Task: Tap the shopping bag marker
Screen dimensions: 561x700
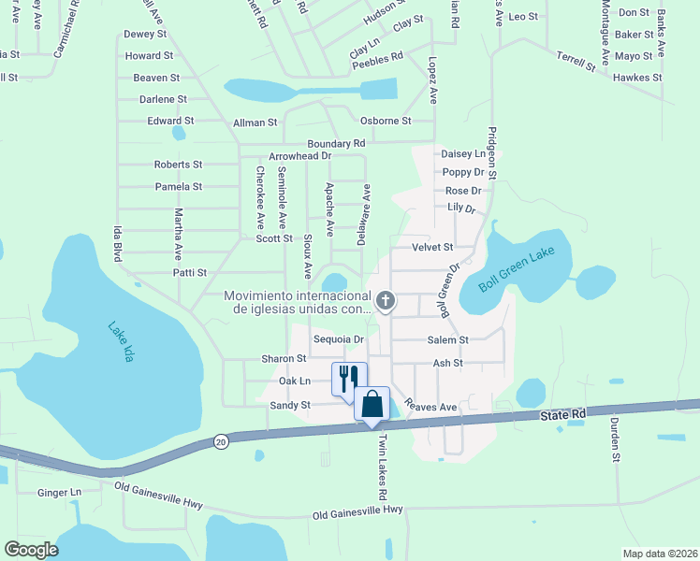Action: coord(372,404)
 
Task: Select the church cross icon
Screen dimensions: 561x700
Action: coord(386,301)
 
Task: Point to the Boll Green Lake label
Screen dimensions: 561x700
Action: coord(518,269)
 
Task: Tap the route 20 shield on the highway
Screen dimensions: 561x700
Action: coord(221,440)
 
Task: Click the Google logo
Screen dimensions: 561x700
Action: coord(32,550)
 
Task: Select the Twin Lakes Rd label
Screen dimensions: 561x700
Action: coord(382,466)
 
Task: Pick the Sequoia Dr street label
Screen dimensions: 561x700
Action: coord(338,338)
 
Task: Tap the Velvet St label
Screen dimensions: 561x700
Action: coord(432,247)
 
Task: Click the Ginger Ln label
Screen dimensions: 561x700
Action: coord(60,492)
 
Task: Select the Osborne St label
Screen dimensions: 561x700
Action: coord(386,121)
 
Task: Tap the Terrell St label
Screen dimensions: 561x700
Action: coord(576,62)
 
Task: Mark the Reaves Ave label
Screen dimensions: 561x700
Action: coord(432,408)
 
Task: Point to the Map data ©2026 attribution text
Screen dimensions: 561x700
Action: coord(660,554)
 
